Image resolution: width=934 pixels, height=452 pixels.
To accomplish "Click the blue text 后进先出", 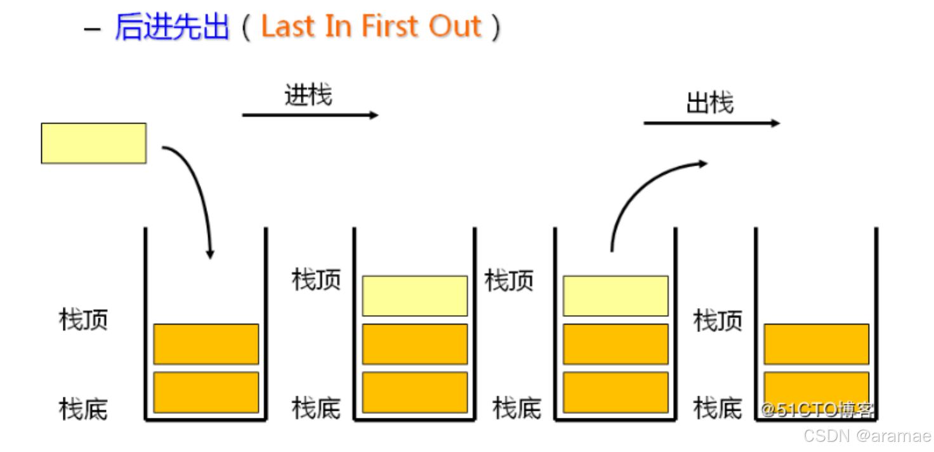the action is coord(172,27).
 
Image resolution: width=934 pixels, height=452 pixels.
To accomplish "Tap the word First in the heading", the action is coord(389,27).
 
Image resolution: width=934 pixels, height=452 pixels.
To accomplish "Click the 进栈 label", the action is coord(308,96).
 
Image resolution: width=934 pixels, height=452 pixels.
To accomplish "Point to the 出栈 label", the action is coord(710,103).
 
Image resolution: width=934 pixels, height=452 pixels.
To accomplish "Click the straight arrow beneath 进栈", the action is coord(310,115).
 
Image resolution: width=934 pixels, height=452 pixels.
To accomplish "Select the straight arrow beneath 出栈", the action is coord(711,123).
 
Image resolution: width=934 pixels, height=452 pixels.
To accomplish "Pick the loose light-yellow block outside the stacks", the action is coord(93,143).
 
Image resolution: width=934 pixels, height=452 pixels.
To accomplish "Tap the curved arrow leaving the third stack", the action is coord(641,190).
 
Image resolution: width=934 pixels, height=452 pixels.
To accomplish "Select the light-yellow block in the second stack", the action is coord(415,296).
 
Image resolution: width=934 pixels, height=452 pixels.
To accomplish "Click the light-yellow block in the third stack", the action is coord(615,296).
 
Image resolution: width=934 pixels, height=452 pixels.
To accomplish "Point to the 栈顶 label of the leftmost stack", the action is coord(84,320).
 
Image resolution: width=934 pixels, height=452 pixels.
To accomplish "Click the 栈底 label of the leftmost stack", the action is coord(84,409).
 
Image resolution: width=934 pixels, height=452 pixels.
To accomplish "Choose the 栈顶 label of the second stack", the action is coord(316,280).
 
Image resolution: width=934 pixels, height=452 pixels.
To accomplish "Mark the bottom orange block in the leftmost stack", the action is coord(206,392).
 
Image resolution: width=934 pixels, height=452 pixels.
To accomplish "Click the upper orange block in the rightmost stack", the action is coord(816,344).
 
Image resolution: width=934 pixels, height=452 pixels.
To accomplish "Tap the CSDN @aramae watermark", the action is coord(867,436).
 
